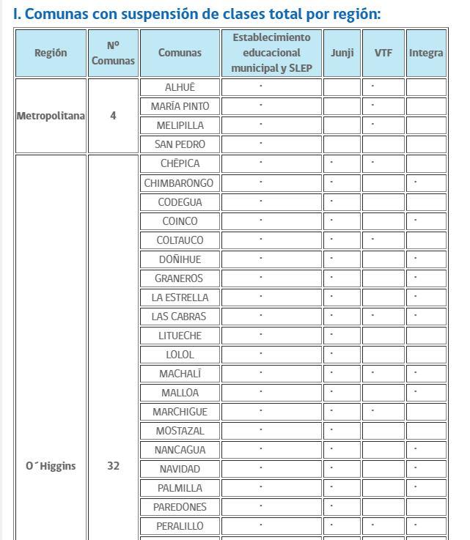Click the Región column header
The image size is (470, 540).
click(51, 53)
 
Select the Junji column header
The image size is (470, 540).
click(342, 53)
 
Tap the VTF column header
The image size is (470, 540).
click(383, 53)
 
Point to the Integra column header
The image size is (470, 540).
click(426, 53)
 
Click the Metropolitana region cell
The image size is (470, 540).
click(51, 116)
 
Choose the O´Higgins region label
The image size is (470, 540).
click(51, 466)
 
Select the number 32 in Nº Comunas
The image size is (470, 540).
click(113, 466)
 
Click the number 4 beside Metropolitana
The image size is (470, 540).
click(113, 116)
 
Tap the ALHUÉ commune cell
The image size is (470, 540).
click(180, 87)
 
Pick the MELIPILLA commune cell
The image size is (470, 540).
click(180, 125)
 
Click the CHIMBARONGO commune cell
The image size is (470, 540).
click(180, 183)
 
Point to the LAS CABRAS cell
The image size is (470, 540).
click(180, 317)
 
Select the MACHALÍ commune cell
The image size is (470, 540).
click(180, 374)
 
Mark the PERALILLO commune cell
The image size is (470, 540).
click(180, 526)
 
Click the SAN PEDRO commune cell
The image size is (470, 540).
click(180, 144)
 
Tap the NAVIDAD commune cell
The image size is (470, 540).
click(180, 469)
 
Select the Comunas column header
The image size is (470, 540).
click(180, 53)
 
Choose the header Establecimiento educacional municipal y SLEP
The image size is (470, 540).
click(271, 53)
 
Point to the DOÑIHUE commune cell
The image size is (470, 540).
click(180, 259)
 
